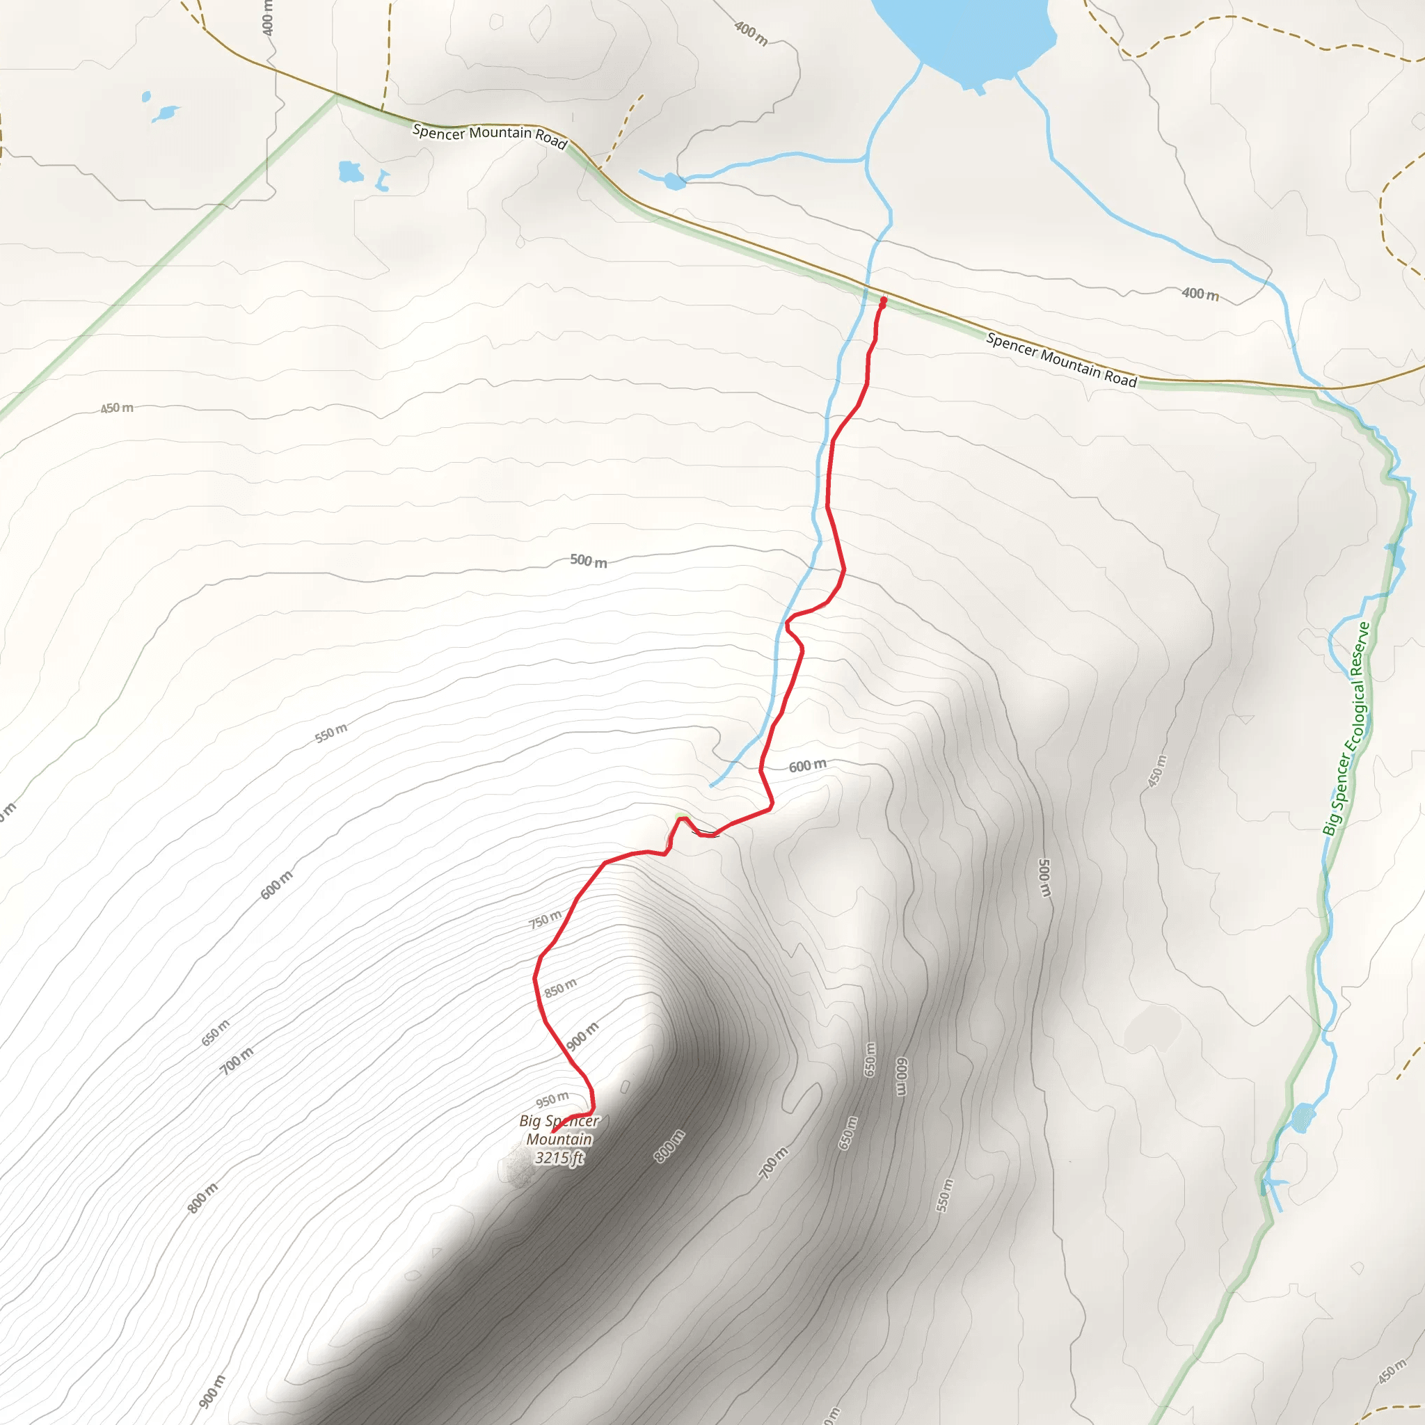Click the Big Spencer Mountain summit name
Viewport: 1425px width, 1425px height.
click(x=559, y=1129)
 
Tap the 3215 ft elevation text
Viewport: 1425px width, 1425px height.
click(x=559, y=1157)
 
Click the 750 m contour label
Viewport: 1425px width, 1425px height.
click(x=545, y=920)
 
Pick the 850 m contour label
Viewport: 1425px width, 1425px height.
click(x=561, y=987)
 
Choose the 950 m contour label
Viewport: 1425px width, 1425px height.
click(x=552, y=1100)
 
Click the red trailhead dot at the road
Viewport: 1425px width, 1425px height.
click(x=883, y=300)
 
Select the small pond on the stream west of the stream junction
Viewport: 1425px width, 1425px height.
click(x=674, y=181)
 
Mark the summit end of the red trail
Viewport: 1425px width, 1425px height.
click(x=553, y=1131)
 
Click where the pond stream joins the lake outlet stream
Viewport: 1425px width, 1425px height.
click(x=866, y=159)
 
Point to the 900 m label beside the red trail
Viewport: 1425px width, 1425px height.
click(x=582, y=1037)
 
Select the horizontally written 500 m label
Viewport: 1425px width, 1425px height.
click(x=589, y=561)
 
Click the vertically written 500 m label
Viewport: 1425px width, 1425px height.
click(x=1044, y=877)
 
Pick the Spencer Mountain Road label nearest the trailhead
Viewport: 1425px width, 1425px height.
click(x=1061, y=360)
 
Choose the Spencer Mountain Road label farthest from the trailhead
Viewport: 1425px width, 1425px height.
click(x=490, y=135)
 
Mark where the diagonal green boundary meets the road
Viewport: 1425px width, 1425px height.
click(x=336, y=95)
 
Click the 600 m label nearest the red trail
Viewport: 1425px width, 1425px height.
click(x=808, y=766)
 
